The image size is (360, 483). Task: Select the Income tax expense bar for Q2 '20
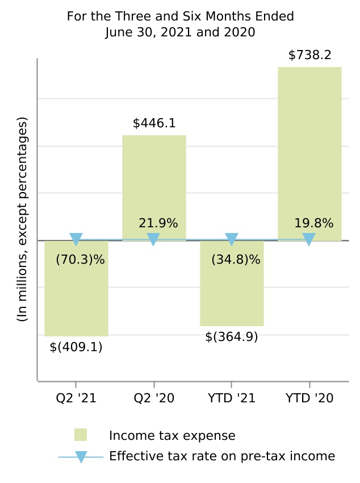154,188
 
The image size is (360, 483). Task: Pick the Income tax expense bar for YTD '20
309,153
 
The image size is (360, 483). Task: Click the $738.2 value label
310,55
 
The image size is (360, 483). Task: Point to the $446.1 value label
154,123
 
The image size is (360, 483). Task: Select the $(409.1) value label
76,347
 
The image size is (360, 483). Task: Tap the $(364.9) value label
232,336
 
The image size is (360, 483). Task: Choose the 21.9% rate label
158,223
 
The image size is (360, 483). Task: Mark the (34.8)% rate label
236,260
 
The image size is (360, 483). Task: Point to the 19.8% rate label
313,223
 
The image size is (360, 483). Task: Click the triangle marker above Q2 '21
76,239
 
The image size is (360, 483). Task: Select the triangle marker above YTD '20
309,239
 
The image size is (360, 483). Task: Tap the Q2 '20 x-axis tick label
154,398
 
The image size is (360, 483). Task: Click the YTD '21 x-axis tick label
232,398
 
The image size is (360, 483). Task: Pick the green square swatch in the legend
81,435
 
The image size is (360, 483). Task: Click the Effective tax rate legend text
222,456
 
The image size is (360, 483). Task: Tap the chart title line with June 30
181,32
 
